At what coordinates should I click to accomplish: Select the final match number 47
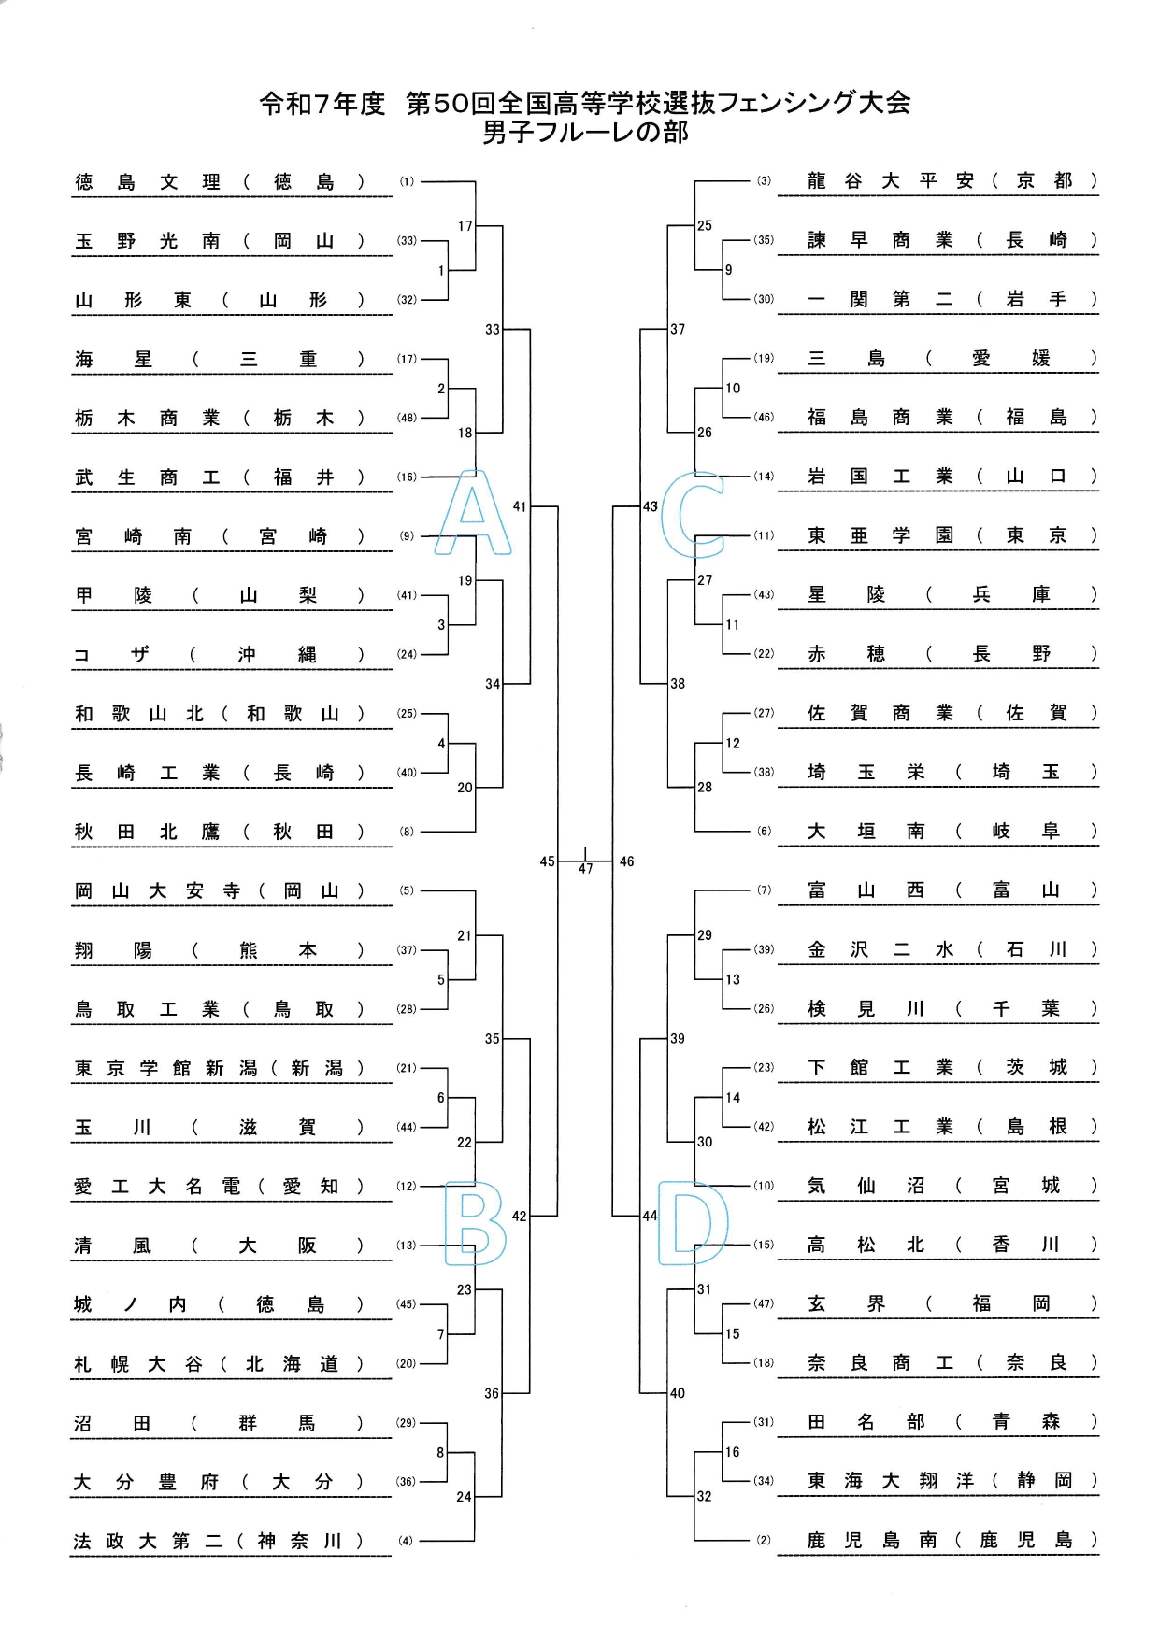585,869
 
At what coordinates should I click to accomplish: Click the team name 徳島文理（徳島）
221,182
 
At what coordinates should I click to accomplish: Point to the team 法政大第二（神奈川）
219,1541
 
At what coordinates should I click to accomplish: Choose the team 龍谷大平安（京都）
952,181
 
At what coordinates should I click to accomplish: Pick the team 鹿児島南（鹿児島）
952,1540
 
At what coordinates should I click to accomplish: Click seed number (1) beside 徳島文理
407,182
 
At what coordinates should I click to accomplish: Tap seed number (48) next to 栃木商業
407,418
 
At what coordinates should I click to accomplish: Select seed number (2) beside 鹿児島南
764,1540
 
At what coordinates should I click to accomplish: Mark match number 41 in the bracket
520,506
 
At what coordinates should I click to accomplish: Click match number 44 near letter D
650,1216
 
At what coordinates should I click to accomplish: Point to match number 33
493,329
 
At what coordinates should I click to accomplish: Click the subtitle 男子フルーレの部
585,133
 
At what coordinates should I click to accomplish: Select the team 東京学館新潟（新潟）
219,1068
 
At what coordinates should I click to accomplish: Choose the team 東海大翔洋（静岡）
952,1481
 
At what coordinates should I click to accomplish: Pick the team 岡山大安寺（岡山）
219,891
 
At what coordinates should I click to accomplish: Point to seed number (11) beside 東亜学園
764,535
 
